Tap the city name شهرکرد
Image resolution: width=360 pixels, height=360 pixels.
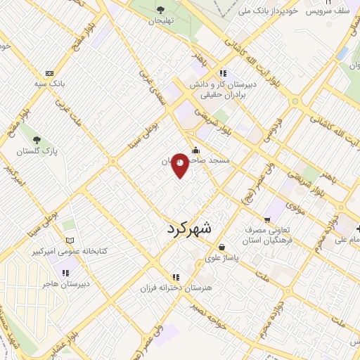[190, 229]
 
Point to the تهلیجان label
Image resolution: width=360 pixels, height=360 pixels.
[160, 21]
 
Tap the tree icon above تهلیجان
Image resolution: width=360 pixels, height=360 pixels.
[161, 9]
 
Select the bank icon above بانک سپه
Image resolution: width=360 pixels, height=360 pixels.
[49, 73]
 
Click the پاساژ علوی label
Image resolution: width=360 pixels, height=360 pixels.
[224, 258]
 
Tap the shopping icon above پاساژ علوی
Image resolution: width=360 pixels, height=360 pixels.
[222, 247]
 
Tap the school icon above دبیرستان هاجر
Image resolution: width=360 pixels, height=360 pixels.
[65, 273]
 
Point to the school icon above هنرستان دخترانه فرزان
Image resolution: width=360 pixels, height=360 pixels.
[175, 277]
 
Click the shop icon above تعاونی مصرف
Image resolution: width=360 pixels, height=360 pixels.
[268, 219]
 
